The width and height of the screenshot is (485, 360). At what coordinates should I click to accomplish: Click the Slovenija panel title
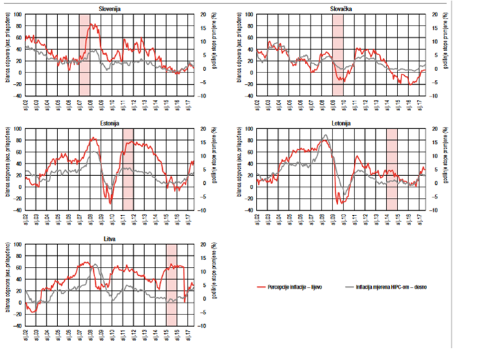(x=110, y=8)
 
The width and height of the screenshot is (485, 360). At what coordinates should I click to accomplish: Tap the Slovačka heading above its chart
(x=342, y=8)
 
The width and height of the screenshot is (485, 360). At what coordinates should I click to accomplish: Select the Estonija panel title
(x=110, y=123)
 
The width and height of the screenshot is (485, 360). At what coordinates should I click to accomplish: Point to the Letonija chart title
(x=342, y=123)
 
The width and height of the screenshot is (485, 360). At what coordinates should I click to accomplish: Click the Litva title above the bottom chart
(x=110, y=239)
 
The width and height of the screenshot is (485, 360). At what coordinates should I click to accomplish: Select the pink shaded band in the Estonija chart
(x=128, y=169)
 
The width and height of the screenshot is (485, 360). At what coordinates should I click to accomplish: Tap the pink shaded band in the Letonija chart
(x=391, y=169)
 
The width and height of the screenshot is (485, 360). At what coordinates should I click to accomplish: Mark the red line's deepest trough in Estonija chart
(x=111, y=202)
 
